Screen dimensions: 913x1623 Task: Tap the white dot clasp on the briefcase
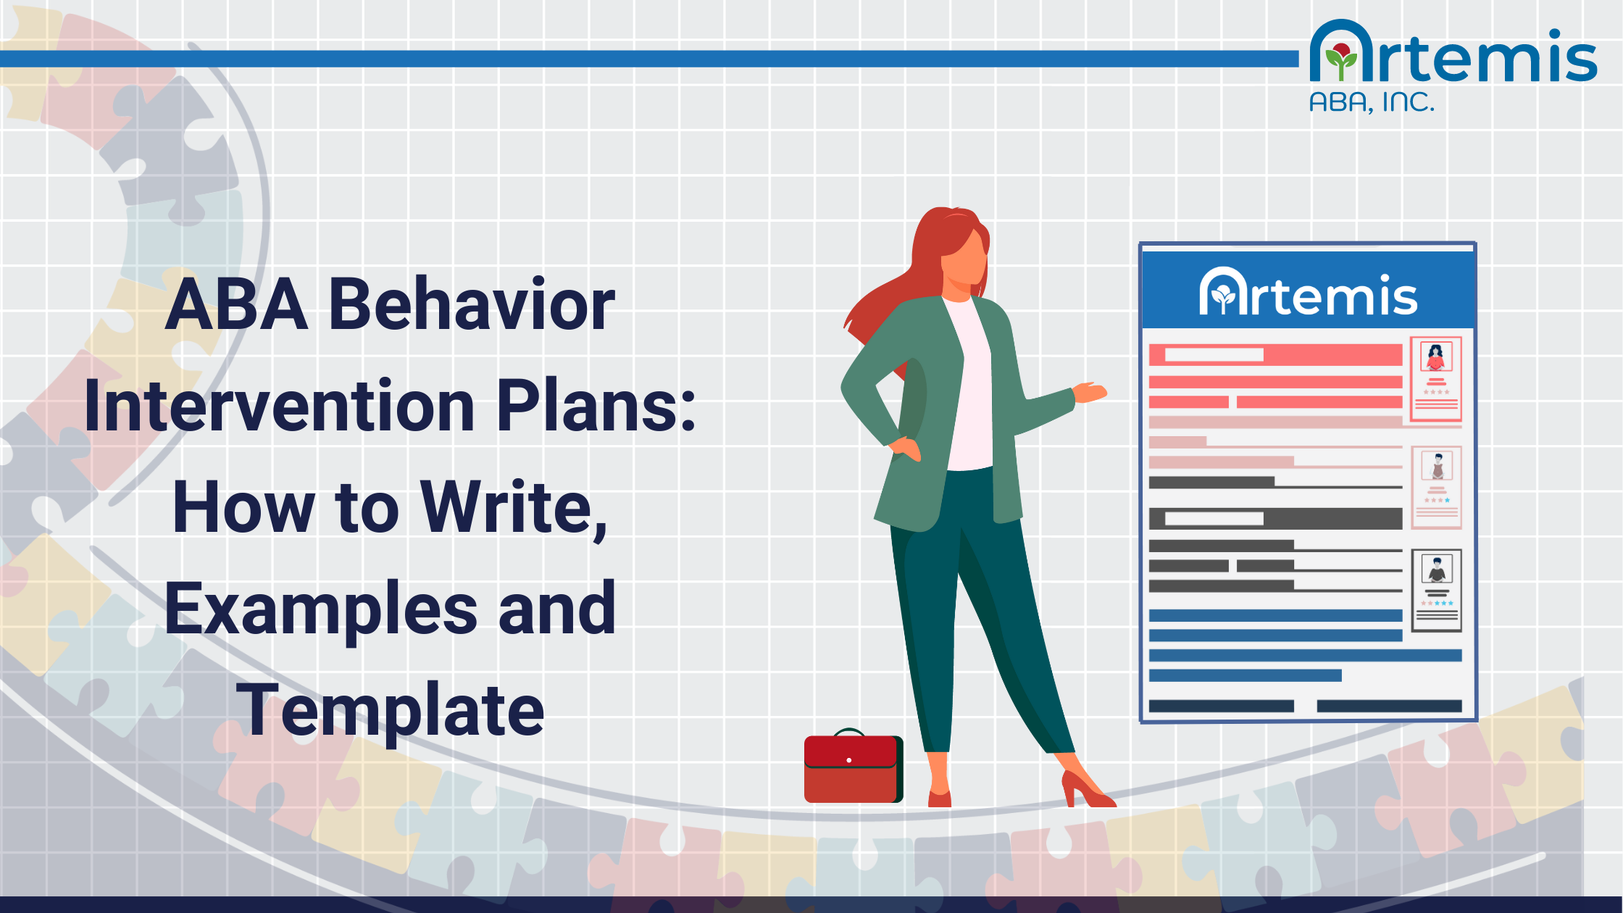(x=849, y=760)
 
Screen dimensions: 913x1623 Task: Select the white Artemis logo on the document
(x=1308, y=293)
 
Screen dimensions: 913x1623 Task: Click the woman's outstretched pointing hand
(x=1090, y=392)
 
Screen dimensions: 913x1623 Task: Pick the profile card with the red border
(x=1435, y=379)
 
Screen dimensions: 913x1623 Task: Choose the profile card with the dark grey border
(x=1436, y=590)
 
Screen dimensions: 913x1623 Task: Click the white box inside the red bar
(x=1214, y=355)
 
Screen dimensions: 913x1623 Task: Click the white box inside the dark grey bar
(x=1214, y=519)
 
